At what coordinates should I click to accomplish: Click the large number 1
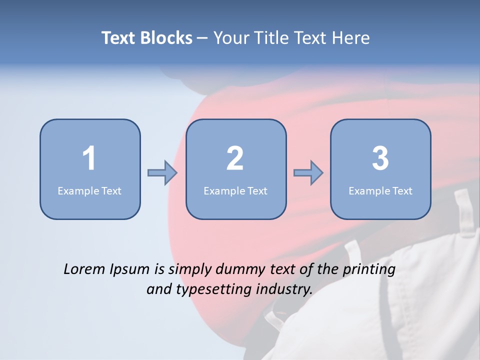point(89,158)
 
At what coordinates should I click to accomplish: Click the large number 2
point(235,158)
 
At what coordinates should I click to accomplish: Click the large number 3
point(380,158)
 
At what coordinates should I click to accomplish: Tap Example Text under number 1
point(89,190)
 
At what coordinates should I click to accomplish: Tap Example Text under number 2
point(235,190)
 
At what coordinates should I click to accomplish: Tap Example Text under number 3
point(380,190)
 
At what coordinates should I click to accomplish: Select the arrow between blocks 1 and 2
point(162,173)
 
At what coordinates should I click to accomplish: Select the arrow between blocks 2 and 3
point(308,173)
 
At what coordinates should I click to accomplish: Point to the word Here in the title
point(351,38)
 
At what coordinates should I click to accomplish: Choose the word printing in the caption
point(369,270)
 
